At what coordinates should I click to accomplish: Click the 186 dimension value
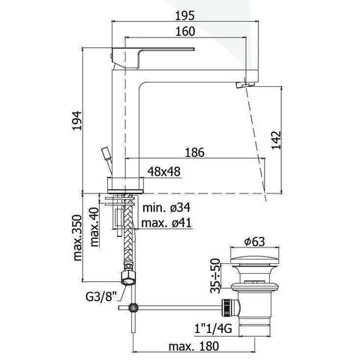coord(195,153)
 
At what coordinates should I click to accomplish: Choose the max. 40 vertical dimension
coord(95,225)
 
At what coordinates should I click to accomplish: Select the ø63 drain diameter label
coord(256,241)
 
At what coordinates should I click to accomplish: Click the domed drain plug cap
coord(256,263)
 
